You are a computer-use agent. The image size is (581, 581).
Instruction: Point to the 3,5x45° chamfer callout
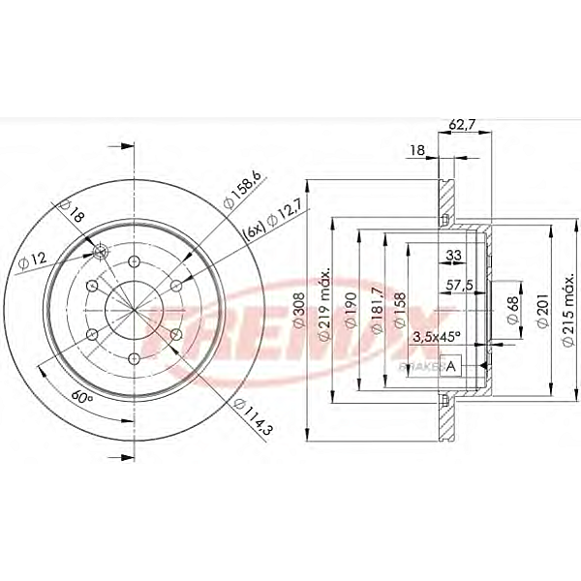(x=436, y=336)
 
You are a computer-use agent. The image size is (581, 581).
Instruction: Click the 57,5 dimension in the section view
(x=459, y=288)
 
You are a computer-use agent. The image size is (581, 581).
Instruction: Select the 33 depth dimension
(x=452, y=256)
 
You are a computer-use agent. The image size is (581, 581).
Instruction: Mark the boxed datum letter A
(x=449, y=367)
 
